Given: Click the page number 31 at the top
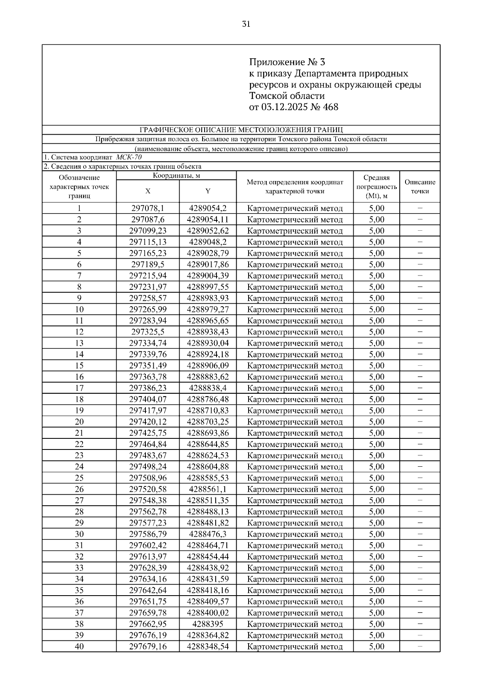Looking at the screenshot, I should [x=246, y=24].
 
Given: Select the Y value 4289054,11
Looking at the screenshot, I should [x=207, y=220].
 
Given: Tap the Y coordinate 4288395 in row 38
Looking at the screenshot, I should [x=207, y=624].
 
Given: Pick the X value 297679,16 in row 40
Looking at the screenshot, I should [x=148, y=647].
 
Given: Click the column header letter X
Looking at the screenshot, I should [x=148, y=191].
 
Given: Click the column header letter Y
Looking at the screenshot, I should [x=208, y=191].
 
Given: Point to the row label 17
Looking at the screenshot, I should [x=79, y=388].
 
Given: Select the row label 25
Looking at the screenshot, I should [x=79, y=478].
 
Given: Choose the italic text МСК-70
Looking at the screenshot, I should [x=129, y=157].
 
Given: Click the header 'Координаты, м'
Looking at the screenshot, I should [x=176, y=176].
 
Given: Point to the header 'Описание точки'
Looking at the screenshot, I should [x=419, y=186].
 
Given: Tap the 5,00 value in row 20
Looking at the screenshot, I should [x=376, y=422].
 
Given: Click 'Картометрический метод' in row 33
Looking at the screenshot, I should [x=295, y=568].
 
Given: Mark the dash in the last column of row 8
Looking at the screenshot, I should [x=419, y=287].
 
